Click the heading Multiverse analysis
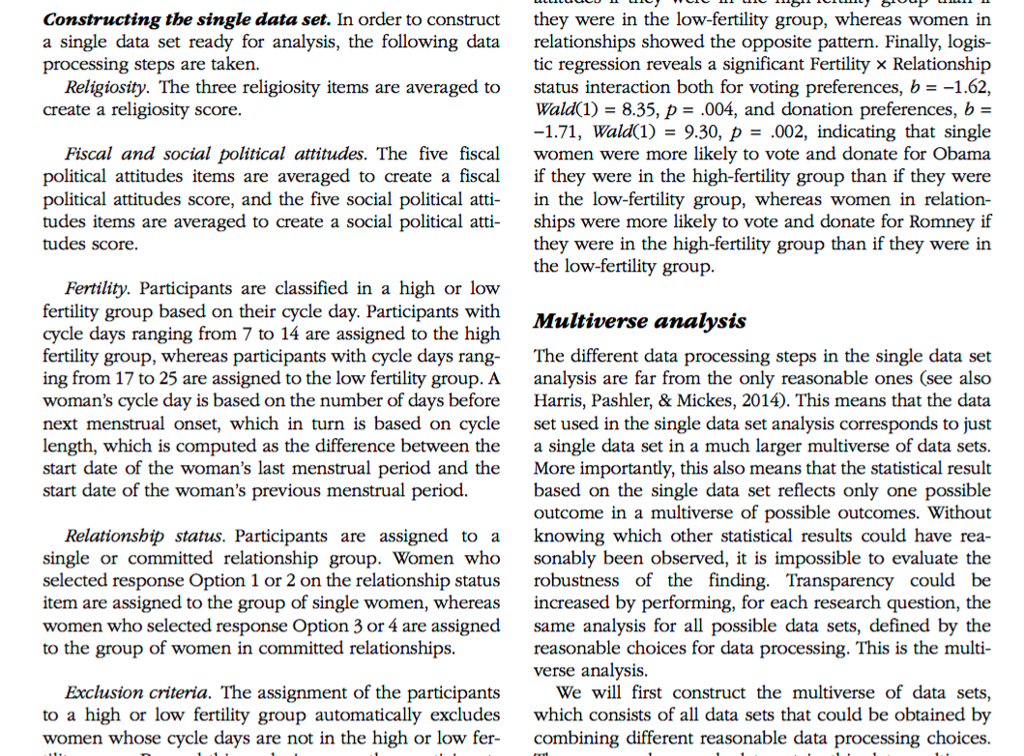point(639,322)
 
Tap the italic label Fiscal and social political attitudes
point(217,154)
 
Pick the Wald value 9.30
point(682,131)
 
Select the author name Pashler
point(632,400)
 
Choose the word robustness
point(578,580)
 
